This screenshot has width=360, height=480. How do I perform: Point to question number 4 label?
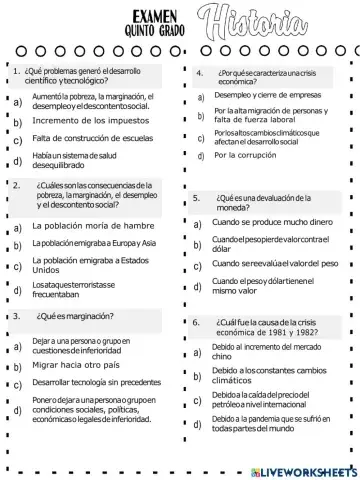(200, 72)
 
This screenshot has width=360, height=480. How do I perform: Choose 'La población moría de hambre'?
(91, 227)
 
